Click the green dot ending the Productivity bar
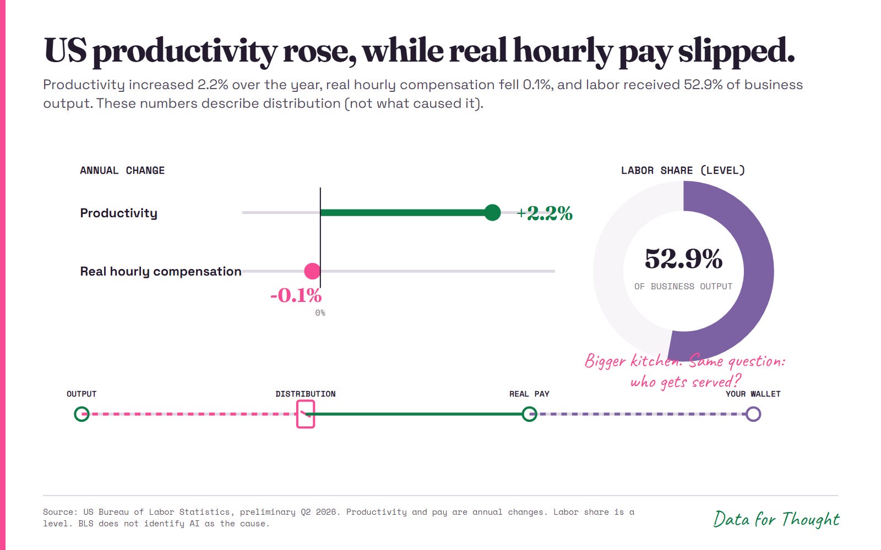pyautogui.click(x=492, y=212)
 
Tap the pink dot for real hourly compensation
pyautogui.click(x=312, y=271)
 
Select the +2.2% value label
pyautogui.click(x=545, y=213)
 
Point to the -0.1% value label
pyautogui.click(x=296, y=295)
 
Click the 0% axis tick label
pyautogui.click(x=320, y=313)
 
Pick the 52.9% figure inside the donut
pyautogui.click(x=683, y=259)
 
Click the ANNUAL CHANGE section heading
pyautogui.click(x=122, y=170)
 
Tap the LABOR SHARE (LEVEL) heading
pyautogui.click(x=683, y=170)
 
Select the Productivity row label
pyautogui.click(x=119, y=213)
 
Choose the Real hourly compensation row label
pyautogui.click(x=160, y=272)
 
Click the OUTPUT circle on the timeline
pyautogui.click(x=82, y=414)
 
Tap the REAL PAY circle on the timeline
pyautogui.click(x=529, y=414)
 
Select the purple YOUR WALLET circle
pyautogui.click(x=753, y=414)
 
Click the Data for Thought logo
pyautogui.click(x=776, y=519)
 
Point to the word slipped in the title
pyautogui.click(x=736, y=52)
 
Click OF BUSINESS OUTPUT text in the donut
pyautogui.click(x=683, y=287)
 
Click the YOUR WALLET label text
pyautogui.click(x=753, y=394)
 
